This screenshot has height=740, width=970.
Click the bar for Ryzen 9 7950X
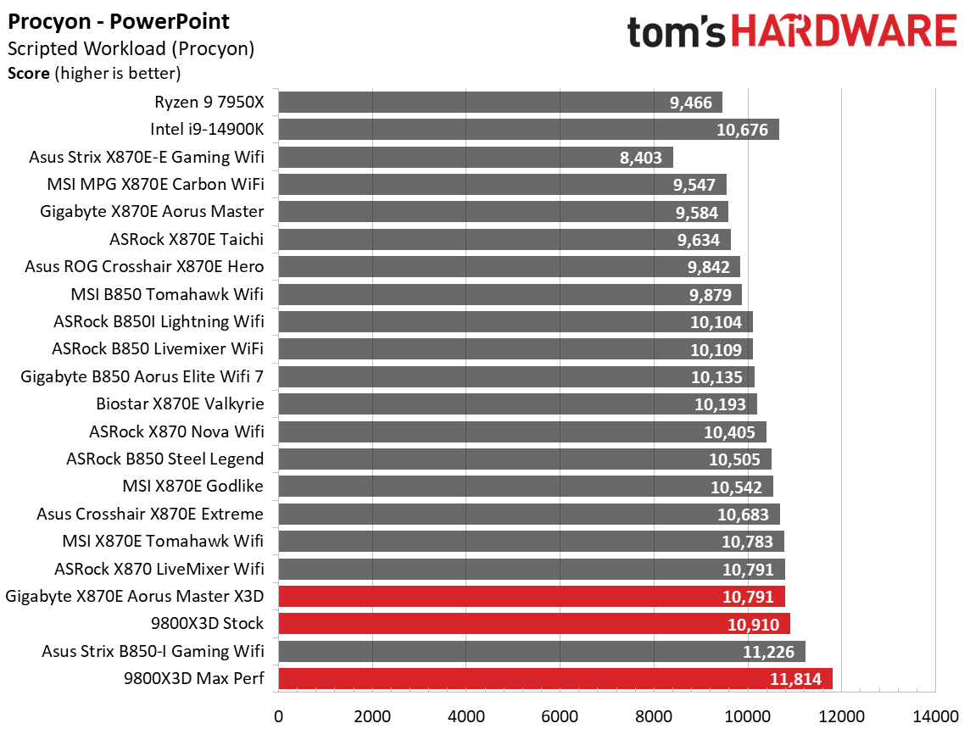coord(499,103)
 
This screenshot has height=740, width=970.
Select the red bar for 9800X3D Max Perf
coord(555,679)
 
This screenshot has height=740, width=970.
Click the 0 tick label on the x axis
coord(278,716)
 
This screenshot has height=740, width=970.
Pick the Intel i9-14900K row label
coord(207,130)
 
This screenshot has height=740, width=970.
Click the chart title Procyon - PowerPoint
coord(119,21)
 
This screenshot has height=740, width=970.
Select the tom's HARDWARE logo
coord(792,32)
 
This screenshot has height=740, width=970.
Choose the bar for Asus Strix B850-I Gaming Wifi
coord(541,651)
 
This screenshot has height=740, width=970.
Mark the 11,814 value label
coord(797,679)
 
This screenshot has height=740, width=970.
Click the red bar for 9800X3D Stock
coord(533,624)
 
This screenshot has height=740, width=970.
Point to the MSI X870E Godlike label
coord(192,486)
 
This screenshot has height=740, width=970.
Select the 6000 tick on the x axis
coord(560,716)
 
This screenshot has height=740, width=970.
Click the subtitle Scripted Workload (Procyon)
coord(131,49)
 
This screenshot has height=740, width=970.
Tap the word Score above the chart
coord(28,73)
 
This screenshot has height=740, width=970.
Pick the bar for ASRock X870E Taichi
coord(504,240)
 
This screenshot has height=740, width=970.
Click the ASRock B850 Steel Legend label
coord(164,459)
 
